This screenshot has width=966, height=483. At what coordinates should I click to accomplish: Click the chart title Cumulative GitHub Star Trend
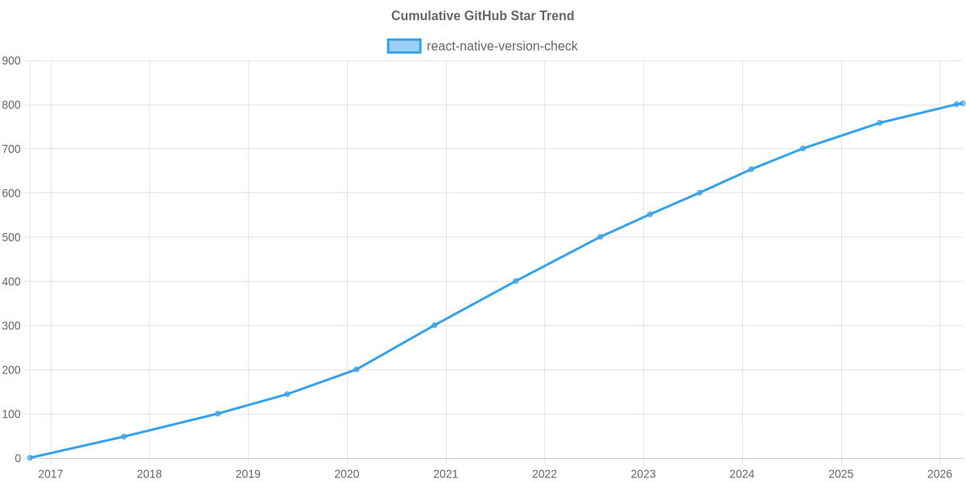point(483,16)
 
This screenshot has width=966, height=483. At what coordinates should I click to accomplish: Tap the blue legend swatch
point(403,46)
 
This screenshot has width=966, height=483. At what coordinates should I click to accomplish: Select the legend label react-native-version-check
point(502,46)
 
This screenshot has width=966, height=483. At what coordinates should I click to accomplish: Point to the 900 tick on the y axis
point(11,61)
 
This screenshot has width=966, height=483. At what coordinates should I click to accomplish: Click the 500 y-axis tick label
point(11,237)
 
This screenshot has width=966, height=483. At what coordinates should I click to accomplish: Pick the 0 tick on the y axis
point(17,459)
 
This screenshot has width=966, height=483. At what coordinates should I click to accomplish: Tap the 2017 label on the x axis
point(51,474)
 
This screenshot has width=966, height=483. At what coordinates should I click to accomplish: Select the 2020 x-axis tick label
point(347,474)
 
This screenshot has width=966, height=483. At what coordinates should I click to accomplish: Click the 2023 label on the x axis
point(643,474)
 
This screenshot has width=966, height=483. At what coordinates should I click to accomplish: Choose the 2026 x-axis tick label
point(939,474)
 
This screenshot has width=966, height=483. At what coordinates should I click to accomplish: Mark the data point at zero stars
point(30,458)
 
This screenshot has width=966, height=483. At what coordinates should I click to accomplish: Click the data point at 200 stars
point(356,369)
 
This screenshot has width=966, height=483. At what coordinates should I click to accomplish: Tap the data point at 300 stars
point(434,325)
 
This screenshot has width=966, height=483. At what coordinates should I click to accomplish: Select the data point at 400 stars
point(516,281)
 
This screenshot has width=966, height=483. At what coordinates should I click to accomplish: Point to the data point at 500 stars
point(600,237)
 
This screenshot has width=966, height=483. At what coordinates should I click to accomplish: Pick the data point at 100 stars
point(217,414)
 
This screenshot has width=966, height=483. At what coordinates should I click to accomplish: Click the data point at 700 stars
point(803,148)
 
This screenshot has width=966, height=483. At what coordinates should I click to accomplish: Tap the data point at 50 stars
point(123,436)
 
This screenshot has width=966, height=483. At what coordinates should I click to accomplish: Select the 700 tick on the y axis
point(11,149)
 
